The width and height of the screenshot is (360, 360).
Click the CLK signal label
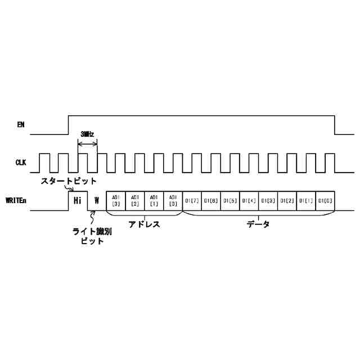(21, 163)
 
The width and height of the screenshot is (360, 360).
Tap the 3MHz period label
(87, 134)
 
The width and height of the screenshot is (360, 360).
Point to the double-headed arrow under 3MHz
(87, 144)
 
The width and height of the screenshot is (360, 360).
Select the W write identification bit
(97, 201)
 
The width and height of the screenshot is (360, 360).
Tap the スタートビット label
(68, 181)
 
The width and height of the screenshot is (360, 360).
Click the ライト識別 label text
(89, 231)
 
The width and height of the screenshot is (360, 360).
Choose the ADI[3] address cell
(116, 201)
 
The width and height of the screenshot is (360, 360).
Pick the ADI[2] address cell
(135, 201)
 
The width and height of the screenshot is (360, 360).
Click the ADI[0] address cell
(173, 201)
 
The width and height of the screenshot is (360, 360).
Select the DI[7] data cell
(192, 201)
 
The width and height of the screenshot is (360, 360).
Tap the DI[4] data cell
(249, 201)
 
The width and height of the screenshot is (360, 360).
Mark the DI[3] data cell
(268, 201)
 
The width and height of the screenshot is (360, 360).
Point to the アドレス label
(145, 224)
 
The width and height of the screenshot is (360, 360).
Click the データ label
(258, 224)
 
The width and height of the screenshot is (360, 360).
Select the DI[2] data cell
(287, 201)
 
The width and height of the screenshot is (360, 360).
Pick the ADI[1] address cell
(154, 201)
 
